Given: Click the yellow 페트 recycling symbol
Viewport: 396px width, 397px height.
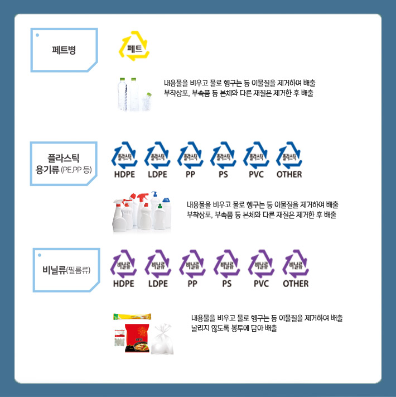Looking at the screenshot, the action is coord(134,46).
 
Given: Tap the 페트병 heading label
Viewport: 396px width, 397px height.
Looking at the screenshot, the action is coord(64,50).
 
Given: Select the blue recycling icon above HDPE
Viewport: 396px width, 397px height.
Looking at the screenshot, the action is coord(124,155).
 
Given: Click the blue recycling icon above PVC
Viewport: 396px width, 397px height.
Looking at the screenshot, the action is coord(256,155).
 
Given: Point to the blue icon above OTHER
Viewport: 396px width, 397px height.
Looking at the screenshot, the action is coord(289,155).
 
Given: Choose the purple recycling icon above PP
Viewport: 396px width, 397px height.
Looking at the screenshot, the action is coord(192,263).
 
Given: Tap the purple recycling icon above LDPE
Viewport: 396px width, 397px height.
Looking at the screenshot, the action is coord(158,263).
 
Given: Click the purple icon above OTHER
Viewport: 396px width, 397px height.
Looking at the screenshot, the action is coord(296,263).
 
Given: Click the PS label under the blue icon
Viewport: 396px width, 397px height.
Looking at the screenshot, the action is coord(223,174).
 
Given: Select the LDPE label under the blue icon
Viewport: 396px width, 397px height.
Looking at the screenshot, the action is coord(157,174).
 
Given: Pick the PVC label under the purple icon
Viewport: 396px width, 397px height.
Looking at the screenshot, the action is coord(261,284).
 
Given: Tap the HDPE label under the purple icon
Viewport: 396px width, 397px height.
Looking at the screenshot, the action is coord(124,284).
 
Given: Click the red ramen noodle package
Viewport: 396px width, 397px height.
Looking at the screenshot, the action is coord(137,338).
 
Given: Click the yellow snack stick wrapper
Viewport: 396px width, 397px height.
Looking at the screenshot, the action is coord(132,317).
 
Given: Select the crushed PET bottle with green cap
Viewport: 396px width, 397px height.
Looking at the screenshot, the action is coord(147,102).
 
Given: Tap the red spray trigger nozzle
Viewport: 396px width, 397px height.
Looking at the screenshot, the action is coord(142,197).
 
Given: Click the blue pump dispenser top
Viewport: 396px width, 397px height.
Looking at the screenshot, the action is coord(154,194).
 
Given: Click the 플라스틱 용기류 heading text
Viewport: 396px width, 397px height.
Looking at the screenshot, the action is coord(64,164).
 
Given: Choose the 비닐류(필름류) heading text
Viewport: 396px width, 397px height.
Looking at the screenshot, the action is coord(66,270).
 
